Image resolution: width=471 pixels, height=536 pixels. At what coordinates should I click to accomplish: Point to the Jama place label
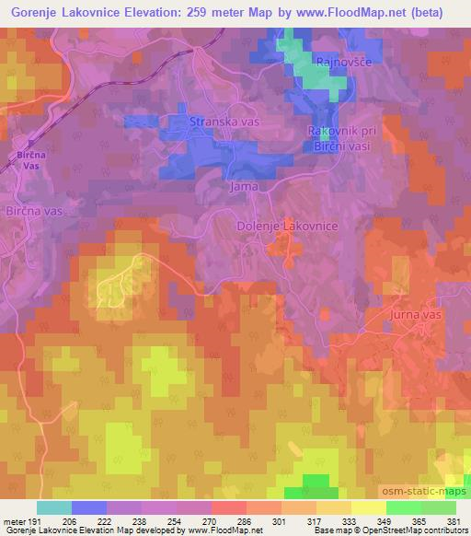243,186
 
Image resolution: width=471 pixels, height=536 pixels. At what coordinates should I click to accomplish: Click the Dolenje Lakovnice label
288,226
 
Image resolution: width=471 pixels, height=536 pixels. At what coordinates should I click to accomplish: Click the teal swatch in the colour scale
54,507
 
